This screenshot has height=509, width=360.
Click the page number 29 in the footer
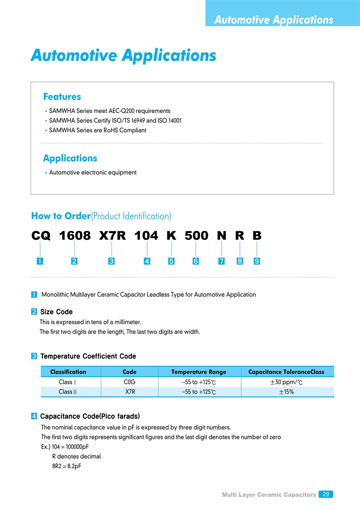326,495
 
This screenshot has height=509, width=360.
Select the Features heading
62,97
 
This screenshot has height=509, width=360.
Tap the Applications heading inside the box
70,158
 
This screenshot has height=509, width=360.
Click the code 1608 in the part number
75,236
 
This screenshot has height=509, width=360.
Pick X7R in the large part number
112,236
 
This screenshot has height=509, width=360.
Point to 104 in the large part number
146,236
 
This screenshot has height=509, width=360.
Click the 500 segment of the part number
196,236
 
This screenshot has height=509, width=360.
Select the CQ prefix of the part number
41,236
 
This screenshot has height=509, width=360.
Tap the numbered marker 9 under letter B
257,261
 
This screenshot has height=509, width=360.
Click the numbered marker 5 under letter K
171,261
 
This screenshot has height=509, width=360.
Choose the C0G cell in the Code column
130,382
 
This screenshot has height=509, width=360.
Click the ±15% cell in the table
286,392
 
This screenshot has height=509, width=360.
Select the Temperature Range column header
199,372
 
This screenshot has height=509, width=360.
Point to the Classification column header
68,372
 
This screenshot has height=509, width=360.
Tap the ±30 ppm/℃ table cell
286,382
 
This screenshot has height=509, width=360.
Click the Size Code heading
56,312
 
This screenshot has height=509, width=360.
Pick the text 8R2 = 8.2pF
67,466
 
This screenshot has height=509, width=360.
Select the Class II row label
68,392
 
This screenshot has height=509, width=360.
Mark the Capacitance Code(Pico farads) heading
90,417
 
